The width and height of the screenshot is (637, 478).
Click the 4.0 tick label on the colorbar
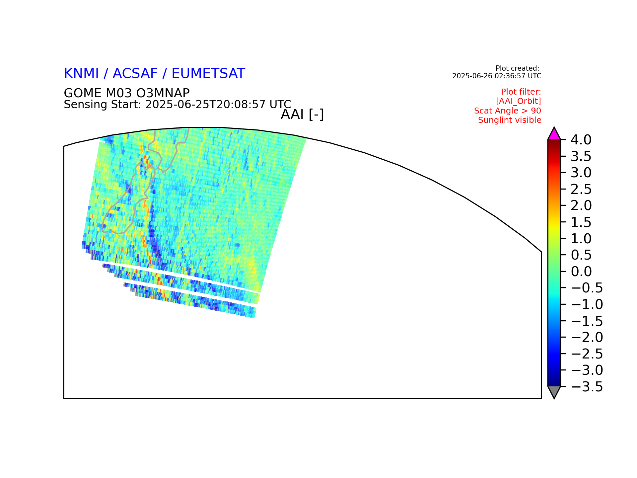[581, 140]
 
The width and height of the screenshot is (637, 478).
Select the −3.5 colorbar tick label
[587, 387]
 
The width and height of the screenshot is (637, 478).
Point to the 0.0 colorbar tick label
[581, 272]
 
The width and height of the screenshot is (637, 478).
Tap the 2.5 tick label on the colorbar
[581, 189]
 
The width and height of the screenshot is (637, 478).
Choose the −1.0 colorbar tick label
[587, 304]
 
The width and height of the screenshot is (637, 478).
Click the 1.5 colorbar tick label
[581, 222]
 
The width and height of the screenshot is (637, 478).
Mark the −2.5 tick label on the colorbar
[587, 354]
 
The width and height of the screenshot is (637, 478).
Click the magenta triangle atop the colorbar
[554, 135]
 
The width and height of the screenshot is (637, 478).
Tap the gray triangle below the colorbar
[554, 392]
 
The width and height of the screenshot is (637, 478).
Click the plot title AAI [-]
[302, 115]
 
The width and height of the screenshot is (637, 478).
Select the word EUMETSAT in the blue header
[208, 74]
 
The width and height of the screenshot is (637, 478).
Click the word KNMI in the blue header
[81, 74]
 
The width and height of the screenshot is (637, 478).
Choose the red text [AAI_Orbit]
[519, 101]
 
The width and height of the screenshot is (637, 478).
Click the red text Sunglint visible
[510, 120]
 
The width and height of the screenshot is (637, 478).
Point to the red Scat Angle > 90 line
[508, 111]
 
